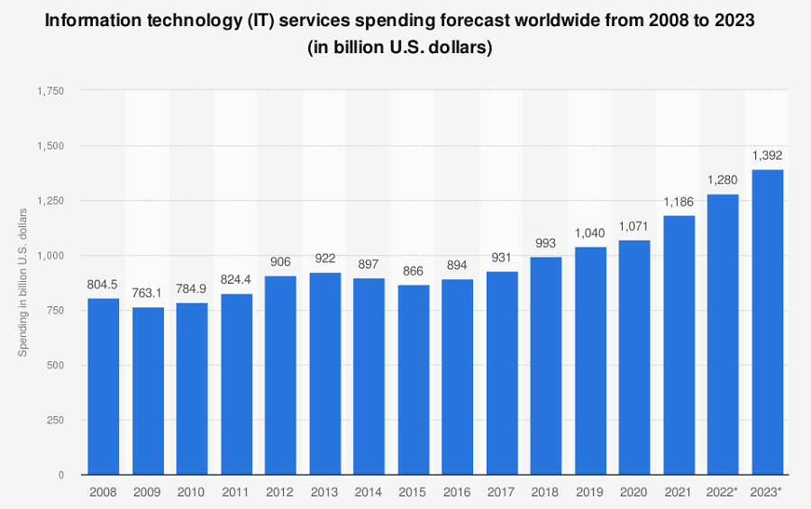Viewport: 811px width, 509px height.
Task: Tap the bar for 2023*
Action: (767, 322)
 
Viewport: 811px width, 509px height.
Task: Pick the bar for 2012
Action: (280, 375)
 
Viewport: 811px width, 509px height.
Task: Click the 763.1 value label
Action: (147, 293)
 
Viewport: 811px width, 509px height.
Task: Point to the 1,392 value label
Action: (767, 155)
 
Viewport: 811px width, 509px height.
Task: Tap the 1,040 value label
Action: (590, 232)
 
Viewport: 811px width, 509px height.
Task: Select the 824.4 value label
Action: (236, 279)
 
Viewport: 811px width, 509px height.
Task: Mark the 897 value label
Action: (369, 264)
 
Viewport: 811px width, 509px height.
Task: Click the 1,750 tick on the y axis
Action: (50, 91)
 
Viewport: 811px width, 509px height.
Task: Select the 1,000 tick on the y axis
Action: (50, 256)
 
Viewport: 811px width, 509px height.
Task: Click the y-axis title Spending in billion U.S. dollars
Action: (24, 281)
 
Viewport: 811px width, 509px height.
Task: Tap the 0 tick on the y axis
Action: (60, 475)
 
